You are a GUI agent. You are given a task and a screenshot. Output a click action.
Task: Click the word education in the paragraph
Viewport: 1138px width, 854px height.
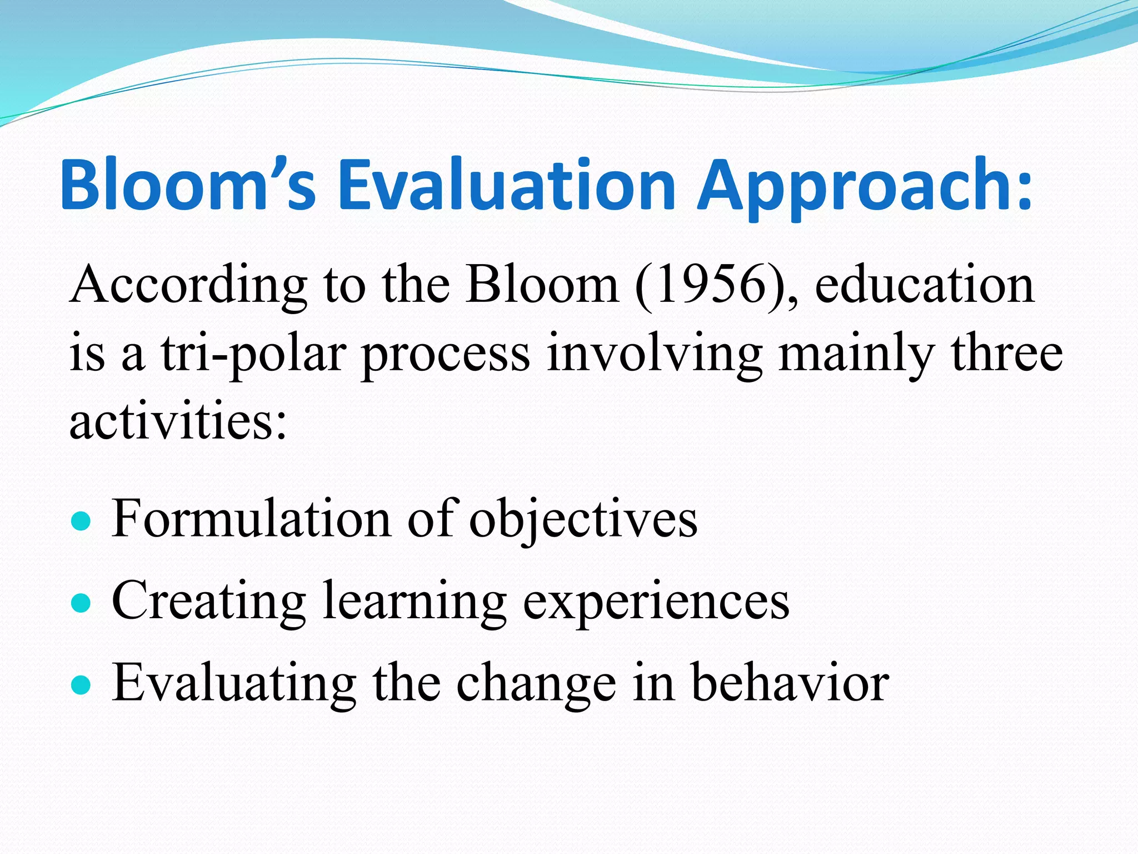tap(924, 285)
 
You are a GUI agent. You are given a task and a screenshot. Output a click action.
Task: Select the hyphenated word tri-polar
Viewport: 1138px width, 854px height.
tap(253, 355)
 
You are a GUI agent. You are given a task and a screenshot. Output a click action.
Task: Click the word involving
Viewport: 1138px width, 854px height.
tap(654, 355)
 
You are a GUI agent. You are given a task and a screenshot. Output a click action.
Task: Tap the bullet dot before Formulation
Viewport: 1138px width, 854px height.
tap(81, 522)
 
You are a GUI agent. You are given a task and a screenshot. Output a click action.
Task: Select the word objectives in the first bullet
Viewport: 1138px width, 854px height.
tap(583, 520)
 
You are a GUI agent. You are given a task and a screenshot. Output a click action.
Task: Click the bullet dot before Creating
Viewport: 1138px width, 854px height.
tap(81, 603)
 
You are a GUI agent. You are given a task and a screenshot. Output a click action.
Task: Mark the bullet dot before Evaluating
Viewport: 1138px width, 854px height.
tap(81, 685)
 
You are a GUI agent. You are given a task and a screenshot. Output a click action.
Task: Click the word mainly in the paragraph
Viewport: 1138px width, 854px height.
tap(856, 355)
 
